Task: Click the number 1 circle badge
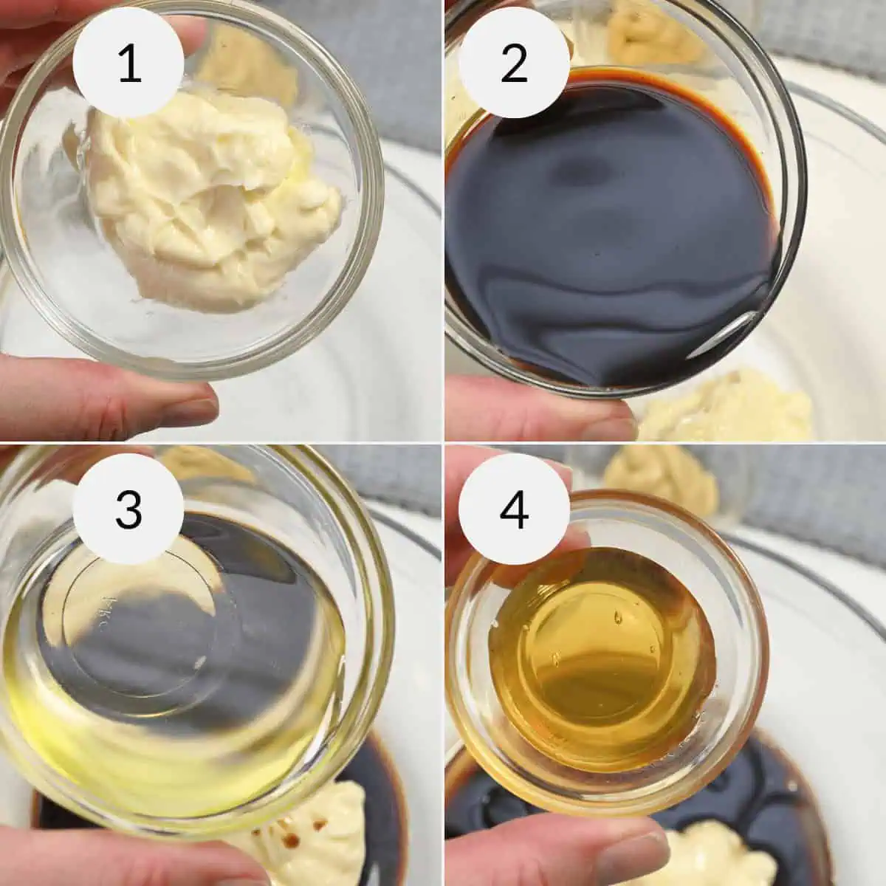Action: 129,65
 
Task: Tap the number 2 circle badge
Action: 514,65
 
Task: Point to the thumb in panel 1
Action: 111,399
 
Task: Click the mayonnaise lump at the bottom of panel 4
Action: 709,860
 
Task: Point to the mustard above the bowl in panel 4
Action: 664,473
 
